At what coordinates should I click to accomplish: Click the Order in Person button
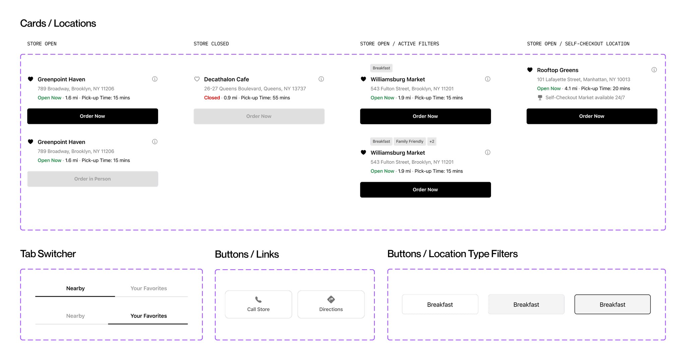click(92, 179)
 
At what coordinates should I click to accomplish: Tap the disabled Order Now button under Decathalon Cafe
click(259, 116)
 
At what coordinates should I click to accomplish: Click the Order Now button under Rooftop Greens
click(592, 116)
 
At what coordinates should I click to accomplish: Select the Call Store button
click(258, 304)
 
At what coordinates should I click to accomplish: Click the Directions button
click(331, 304)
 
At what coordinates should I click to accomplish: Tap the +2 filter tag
click(432, 141)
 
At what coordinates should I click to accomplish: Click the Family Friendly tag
click(410, 141)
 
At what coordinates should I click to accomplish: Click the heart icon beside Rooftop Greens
click(530, 70)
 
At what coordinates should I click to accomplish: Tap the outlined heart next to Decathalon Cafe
click(197, 79)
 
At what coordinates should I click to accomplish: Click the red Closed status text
click(212, 98)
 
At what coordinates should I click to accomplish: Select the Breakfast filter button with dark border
click(612, 304)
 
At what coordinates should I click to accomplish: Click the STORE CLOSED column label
click(211, 44)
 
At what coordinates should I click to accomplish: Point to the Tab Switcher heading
click(48, 254)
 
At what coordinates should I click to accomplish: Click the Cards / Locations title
click(58, 23)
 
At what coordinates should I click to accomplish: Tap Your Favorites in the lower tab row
click(148, 316)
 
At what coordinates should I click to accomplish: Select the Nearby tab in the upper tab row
click(75, 288)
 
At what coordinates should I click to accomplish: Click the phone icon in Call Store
click(258, 299)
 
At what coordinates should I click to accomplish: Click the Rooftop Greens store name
click(557, 70)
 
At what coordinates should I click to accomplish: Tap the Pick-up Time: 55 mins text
click(265, 98)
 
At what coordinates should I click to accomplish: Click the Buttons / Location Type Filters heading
click(452, 254)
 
